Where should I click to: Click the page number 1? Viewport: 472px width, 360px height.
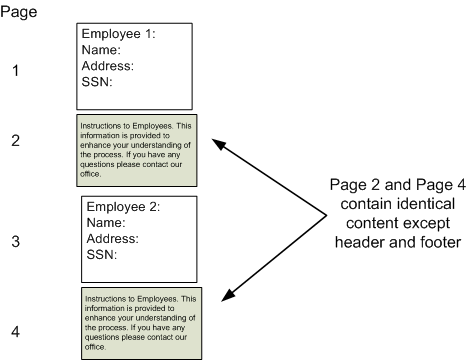tap(15, 71)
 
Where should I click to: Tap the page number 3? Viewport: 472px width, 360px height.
tap(15, 241)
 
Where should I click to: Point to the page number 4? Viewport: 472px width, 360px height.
tap(15, 331)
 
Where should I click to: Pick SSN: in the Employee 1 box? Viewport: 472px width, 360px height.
tap(97, 82)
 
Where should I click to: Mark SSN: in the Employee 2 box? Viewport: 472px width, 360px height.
tap(102, 255)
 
